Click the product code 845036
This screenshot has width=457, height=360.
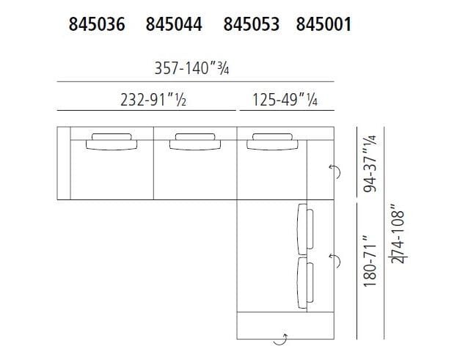[95, 25]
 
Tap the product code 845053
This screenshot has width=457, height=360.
[252, 25]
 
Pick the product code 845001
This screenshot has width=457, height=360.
[323, 25]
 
